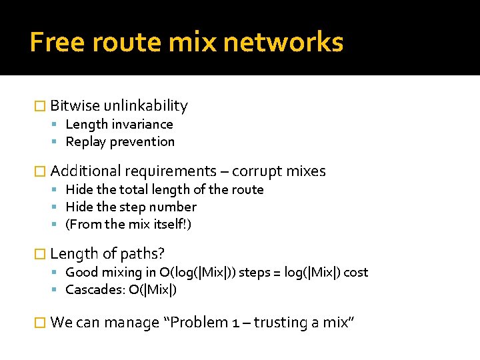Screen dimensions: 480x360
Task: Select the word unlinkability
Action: pos(146,105)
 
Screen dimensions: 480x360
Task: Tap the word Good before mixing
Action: pos(81,272)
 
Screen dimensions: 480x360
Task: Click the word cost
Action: pos(355,272)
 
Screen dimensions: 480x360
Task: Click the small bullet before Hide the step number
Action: pos(59,207)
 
